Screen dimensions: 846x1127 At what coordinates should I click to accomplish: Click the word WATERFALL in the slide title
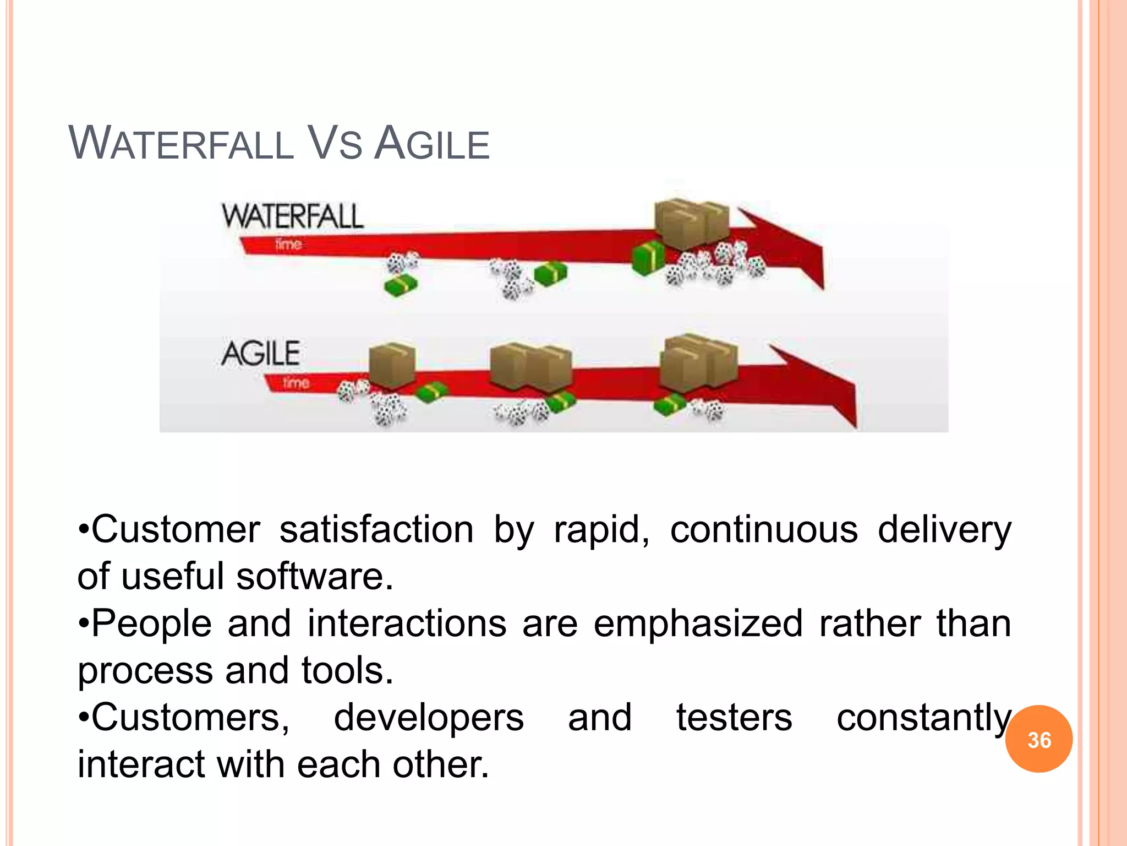tap(182, 144)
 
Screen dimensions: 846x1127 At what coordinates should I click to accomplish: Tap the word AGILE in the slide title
tap(432, 144)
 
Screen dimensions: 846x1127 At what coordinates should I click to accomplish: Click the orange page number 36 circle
tap(1038, 739)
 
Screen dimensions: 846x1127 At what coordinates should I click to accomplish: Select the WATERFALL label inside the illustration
tap(292, 216)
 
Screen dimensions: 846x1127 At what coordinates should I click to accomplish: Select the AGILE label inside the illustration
tap(261, 353)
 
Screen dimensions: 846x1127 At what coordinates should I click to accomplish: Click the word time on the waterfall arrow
tap(288, 243)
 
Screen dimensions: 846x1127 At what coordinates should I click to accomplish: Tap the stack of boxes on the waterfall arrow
tap(691, 223)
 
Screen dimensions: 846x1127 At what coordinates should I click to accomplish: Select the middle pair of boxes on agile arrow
tap(530, 366)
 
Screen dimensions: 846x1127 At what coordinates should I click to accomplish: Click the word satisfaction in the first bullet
tap(376, 530)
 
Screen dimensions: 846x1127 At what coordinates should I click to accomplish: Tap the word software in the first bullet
tap(315, 577)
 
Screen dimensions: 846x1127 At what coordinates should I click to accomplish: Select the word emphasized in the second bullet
tap(698, 623)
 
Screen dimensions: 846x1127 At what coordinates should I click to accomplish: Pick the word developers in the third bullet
tap(429, 718)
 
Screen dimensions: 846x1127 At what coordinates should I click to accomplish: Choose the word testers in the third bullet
tap(734, 718)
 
